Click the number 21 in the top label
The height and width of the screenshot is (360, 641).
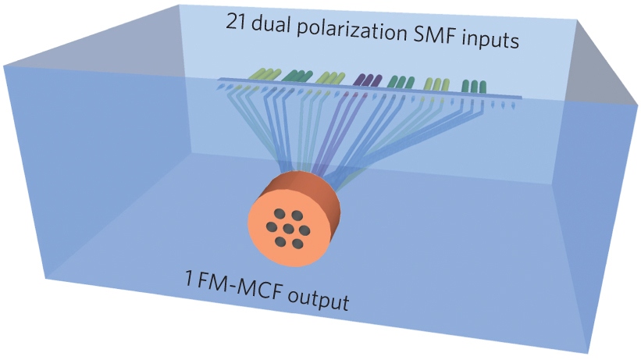click(x=234, y=23)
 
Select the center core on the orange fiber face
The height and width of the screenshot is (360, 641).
click(x=288, y=229)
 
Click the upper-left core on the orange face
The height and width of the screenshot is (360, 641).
click(x=279, y=213)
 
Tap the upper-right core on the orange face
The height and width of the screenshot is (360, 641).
click(x=298, y=215)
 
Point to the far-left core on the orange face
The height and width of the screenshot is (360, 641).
click(x=270, y=226)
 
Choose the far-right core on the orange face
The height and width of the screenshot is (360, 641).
click(x=306, y=230)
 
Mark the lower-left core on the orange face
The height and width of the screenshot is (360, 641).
click(x=280, y=241)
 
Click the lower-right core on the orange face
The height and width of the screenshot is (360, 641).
click(x=298, y=244)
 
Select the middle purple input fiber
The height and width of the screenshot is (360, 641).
click(x=369, y=79)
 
